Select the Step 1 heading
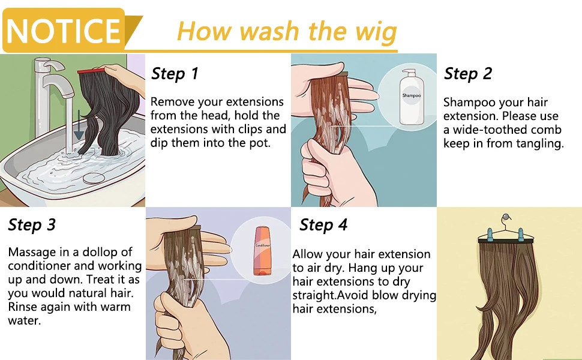175,73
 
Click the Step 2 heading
467,73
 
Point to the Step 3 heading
32,224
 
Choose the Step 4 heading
323,224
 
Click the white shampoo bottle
411,97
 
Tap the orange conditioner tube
263,251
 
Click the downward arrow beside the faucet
79,125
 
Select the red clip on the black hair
92,70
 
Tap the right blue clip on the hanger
521,235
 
